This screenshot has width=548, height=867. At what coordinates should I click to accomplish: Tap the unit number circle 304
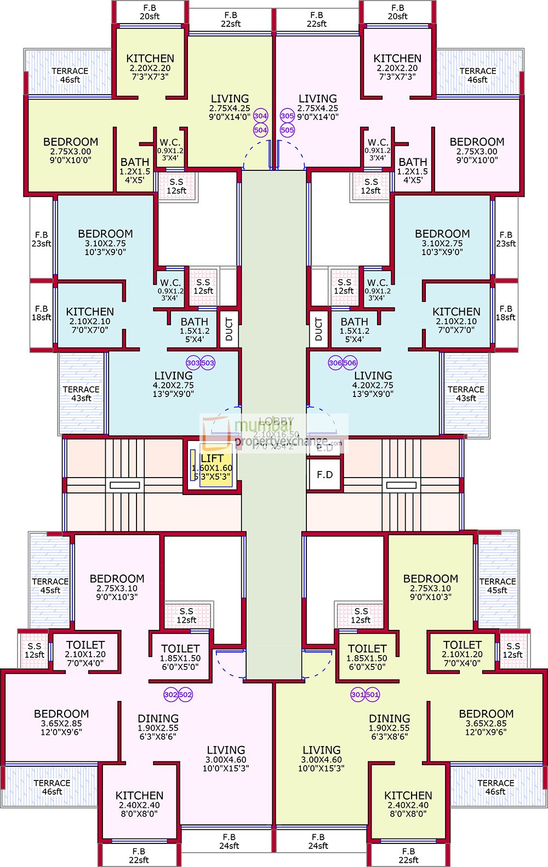click(261, 116)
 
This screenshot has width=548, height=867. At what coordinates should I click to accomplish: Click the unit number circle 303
click(193, 363)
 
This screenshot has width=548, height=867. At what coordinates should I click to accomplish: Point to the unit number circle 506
click(350, 363)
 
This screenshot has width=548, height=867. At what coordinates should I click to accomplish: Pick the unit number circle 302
click(171, 694)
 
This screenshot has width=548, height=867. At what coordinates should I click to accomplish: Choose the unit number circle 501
click(373, 694)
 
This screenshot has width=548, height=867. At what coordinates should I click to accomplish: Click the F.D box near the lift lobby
click(324, 474)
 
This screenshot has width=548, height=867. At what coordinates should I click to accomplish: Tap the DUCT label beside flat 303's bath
click(229, 329)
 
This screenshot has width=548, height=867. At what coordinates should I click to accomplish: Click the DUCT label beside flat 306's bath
click(319, 329)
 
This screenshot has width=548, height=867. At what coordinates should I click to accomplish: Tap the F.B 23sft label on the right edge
click(506, 239)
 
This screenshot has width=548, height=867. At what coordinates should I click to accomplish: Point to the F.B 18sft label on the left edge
click(41, 313)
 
